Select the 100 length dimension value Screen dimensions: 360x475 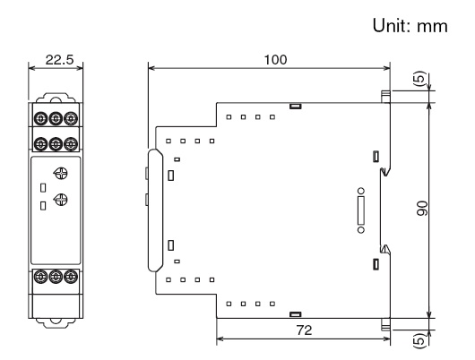pos(270,59)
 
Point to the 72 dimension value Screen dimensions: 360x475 pos(305,331)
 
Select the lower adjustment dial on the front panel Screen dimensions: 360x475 pos(59,200)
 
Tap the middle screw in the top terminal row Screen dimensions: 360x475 pos(55,118)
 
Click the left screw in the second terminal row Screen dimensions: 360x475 pos(40,142)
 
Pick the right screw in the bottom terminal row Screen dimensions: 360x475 pos(69,278)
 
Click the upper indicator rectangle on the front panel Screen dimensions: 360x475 pos(42,186)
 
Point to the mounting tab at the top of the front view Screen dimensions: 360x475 pos(55,99)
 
